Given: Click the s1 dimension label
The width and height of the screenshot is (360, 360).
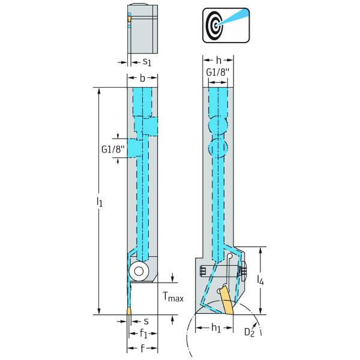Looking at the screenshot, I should coord(146,62).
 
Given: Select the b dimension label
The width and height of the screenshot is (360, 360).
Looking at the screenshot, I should coord(142,78).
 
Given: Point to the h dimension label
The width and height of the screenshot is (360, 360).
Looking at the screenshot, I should coord(219,61).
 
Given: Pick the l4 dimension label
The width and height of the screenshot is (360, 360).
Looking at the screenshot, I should coord(261,280).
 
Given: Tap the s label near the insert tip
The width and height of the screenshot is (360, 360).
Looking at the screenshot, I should coord(145,321).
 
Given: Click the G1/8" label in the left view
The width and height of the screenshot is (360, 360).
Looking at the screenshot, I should coord(113,149).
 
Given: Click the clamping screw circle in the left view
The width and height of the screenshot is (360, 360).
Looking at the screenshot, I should coord(139,271).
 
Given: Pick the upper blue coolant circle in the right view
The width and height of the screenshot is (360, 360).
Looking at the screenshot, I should coord(218,125).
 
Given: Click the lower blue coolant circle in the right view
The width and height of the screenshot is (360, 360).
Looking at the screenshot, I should coord(218,148).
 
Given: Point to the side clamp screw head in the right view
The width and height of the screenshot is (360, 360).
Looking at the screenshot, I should coord(242,271).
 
